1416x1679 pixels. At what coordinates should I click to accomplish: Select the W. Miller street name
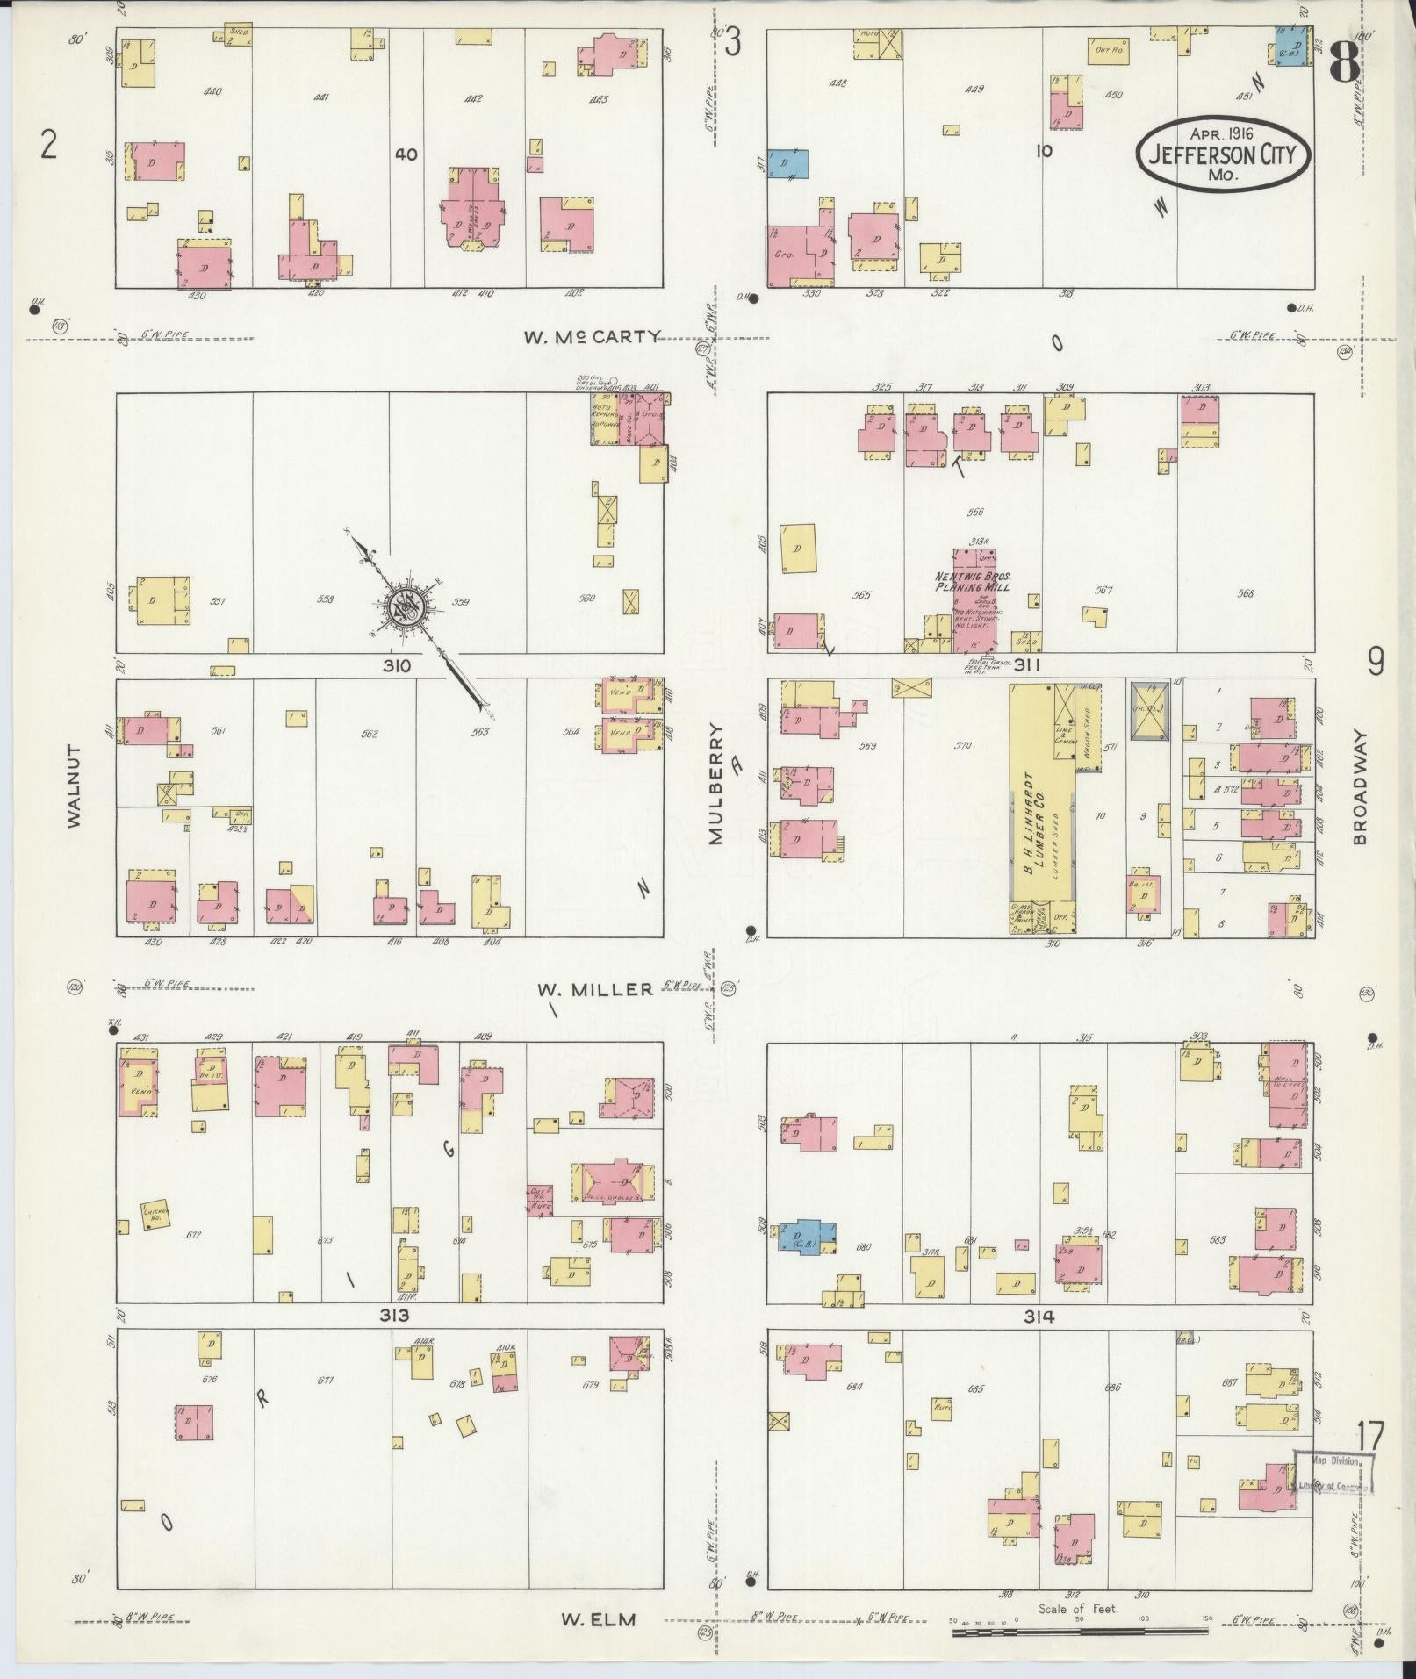click(595, 989)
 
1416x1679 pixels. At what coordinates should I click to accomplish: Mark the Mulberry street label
click(716, 783)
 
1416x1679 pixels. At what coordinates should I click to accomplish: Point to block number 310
click(397, 666)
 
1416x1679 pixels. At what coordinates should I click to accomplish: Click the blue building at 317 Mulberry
click(787, 164)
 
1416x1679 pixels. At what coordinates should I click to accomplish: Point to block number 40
click(406, 154)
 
